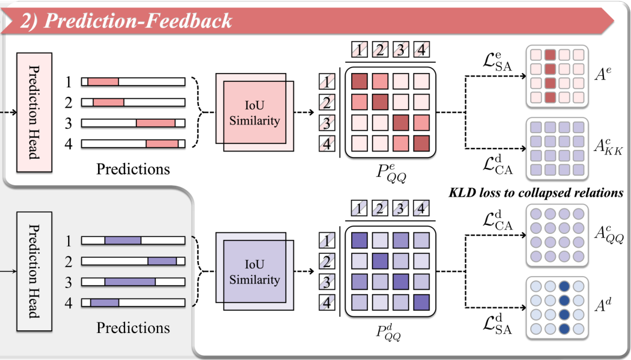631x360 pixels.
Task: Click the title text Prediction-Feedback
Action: (x=137, y=20)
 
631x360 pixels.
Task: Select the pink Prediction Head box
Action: (x=34, y=113)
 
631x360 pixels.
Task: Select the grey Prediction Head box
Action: (x=34, y=271)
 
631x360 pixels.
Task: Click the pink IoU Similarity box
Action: (x=254, y=113)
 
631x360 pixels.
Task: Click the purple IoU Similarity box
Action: (x=254, y=271)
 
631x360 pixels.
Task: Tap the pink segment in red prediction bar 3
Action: (x=156, y=123)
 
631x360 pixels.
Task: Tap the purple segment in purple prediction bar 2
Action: (x=162, y=261)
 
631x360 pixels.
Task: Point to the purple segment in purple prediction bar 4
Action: (x=104, y=302)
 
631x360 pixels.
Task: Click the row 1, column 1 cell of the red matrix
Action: (x=359, y=81)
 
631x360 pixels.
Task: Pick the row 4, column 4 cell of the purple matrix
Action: (x=421, y=302)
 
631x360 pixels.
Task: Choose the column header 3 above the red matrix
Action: (x=400, y=50)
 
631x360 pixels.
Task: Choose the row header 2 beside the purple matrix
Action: (x=327, y=261)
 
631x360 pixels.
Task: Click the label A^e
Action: (x=603, y=74)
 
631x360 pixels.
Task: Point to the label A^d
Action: (x=603, y=305)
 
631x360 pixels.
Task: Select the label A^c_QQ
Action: (x=609, y=235)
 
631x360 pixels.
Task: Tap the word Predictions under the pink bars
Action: (x=133, y=169)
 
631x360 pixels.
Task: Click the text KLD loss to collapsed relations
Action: (x=536, y=193)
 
